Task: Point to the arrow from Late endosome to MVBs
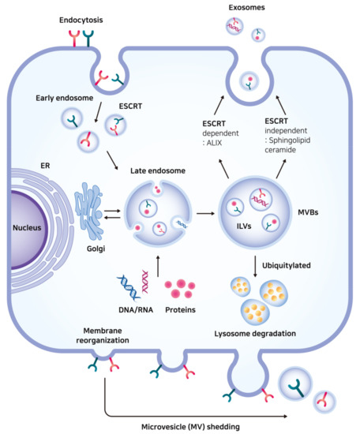[204, 213]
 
